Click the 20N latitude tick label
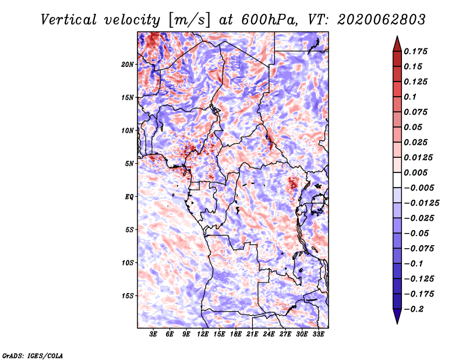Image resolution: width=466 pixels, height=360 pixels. pyautogui.click(x=128, y=65)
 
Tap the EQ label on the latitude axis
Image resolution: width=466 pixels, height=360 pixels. pyautogui.click(x=129, y=197)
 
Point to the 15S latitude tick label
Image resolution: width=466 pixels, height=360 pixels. pyautogui.click(x=128, y=296)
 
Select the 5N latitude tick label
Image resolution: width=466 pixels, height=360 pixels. pyautogui.click(x=129, y=164)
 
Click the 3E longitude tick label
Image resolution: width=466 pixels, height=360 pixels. pyautogui.click(x=153, y=334)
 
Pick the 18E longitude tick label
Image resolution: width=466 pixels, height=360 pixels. pyautogui.click(x=235, y=334)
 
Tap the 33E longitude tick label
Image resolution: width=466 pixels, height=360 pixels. pyautogui.click(x=318, y=334)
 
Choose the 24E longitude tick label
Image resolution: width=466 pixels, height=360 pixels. pyautogui.click(x=269, y=334)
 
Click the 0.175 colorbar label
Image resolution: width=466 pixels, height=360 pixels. pyautogui.click(x=415, y=51)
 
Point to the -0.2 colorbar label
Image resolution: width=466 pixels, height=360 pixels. pyautogui.click(x=414, y=309)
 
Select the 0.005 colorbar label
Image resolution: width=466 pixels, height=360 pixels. pyautogui.click(x=415, y=172)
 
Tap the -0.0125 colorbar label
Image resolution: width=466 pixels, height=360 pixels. pyautogui.click(x=421, y=203)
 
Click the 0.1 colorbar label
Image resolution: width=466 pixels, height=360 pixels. pyautogui.click(x=410, y=97)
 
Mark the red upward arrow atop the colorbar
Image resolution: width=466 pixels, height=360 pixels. pyautogui.click(x=397, y=44)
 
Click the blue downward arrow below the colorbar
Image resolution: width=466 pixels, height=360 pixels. pyautogui.click(x=397, y=316)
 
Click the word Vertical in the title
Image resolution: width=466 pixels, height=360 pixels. pyautogui.click(x=69, y=20)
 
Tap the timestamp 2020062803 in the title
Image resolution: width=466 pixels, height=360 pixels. pyautogui.click(x=382, y=20)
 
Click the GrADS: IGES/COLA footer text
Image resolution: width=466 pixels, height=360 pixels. pyautogui.click(x=33, y=356)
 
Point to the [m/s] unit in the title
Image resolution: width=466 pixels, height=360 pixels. pyautogui.click(x=189, y=20)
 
